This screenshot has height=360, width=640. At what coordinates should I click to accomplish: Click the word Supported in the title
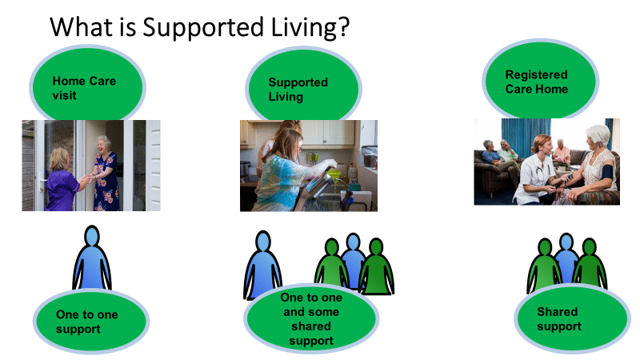pos(203,28)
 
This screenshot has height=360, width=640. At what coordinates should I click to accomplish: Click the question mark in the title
pos(344,26)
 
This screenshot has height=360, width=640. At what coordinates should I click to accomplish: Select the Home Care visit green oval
pos(87,85)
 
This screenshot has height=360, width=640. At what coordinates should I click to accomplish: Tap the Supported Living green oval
pos(303,86)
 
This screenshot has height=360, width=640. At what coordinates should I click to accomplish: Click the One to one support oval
pos(91,321)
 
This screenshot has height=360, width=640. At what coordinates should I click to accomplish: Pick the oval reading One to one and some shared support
pos(311,318)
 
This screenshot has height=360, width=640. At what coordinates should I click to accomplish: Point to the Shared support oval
pos(572,318)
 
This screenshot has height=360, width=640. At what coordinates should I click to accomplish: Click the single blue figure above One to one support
pos(92,258)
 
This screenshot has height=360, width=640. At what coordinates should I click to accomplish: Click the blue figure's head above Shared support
pos(566,242)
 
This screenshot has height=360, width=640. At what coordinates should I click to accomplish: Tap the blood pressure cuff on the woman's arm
pos(607,172)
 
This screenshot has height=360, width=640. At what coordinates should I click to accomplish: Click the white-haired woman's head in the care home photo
pos(597,138)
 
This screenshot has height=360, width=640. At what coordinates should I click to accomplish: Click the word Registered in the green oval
pos(536,74)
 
